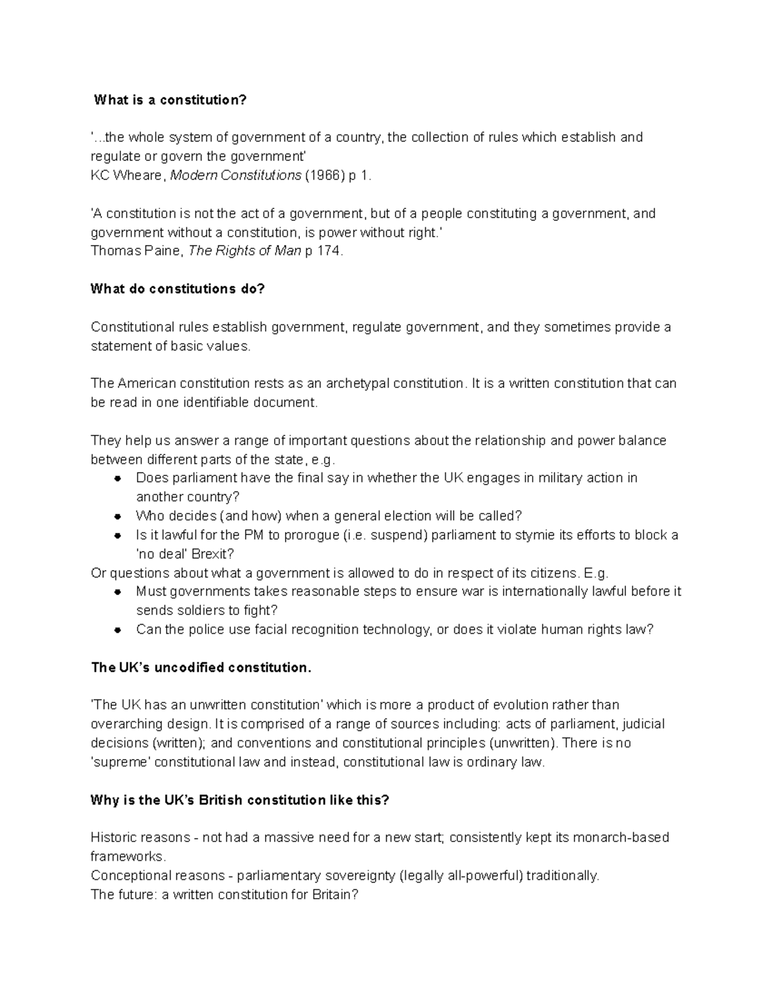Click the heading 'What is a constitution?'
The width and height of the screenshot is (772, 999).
coord(170,100)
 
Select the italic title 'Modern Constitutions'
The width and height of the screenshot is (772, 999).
coord(235,176)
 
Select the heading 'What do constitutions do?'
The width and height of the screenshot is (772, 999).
coord(178,289)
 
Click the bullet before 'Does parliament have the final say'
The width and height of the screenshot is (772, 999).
coord(118,479)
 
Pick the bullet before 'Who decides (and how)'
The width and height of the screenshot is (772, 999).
coord(118,517)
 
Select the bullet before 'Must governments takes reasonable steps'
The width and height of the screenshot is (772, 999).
coord(118,592)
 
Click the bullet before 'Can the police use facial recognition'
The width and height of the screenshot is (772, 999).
coord(118,630)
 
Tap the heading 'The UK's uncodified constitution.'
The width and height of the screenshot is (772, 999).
coord(201,668)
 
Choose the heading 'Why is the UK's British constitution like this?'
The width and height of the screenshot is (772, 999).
coord(240,800)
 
